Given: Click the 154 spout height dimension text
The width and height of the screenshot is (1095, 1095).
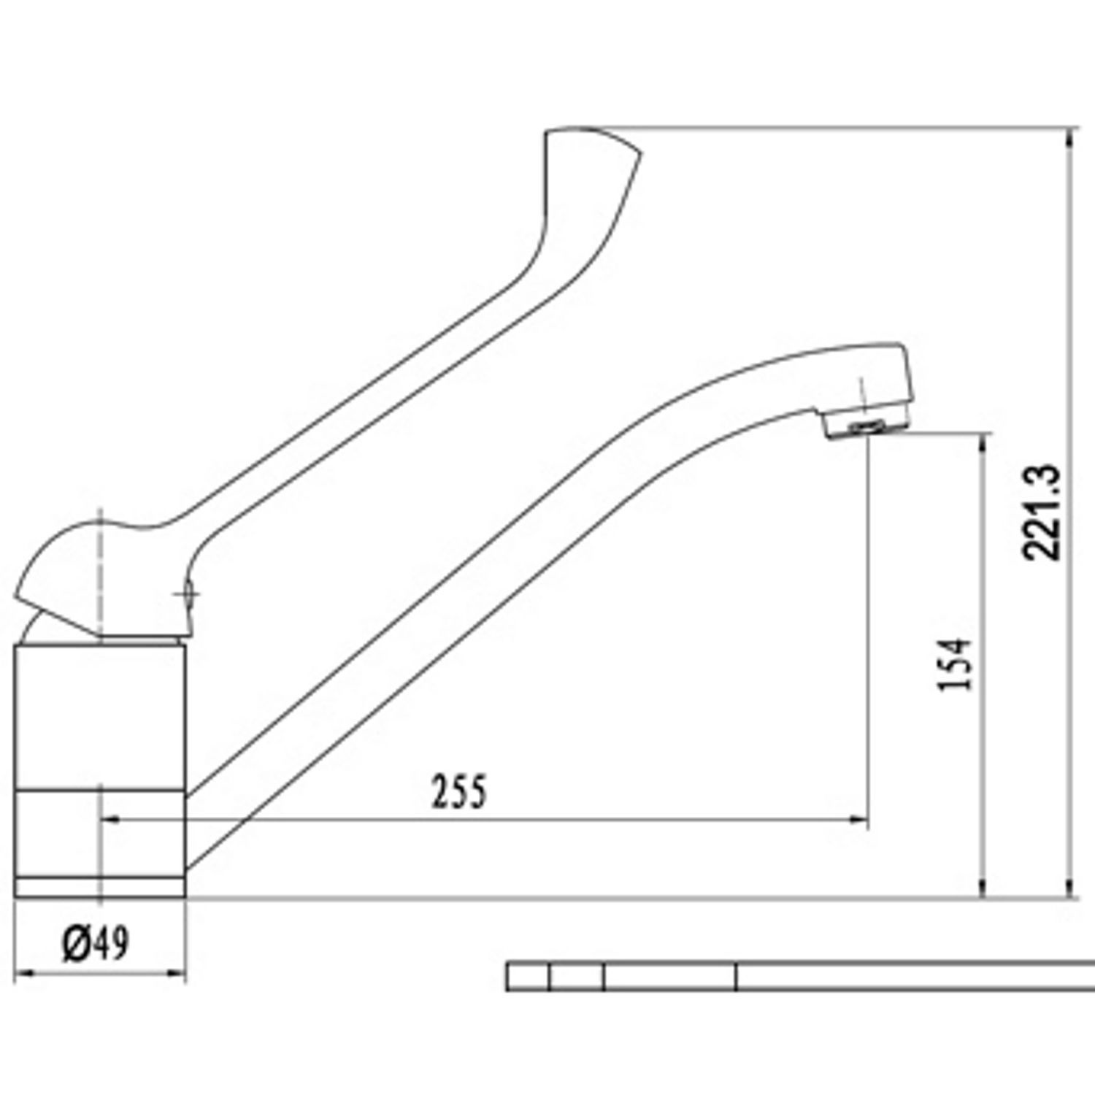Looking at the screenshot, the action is (x=956, y=664).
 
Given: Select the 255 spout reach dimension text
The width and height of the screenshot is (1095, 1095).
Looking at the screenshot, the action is (x=458, y=791).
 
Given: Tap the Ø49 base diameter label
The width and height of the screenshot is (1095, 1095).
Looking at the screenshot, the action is (x=96, y=942).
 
